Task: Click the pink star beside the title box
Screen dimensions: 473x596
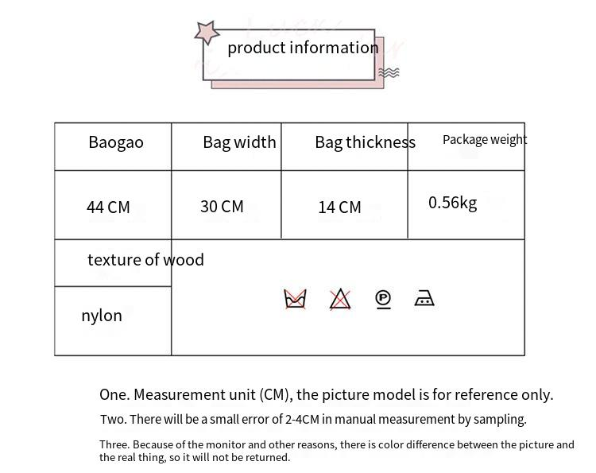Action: [207, 33]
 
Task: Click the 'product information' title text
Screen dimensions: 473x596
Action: [303, 48]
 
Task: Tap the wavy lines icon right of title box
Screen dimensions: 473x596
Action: [389, 73]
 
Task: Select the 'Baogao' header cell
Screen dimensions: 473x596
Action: [116, 143]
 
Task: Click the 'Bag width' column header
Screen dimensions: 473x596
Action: [239, 142]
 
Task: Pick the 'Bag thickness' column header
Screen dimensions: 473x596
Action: [365, 143]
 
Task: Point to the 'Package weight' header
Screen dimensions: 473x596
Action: [485, 140]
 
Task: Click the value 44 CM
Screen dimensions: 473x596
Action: [108, 207]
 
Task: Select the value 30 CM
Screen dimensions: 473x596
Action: [222, 207]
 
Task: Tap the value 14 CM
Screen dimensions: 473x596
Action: [339, 207]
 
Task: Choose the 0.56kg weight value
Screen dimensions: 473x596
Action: [452, 203]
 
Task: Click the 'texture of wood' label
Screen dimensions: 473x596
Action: [145, 260]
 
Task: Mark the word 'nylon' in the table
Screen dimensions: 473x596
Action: [102, 316]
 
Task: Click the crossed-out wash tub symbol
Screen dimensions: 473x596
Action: [295, 299]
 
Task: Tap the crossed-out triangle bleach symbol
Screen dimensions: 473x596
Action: [340, 299]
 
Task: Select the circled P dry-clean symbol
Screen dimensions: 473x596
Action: [383, 299]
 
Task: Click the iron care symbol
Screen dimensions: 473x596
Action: [424, 299]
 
